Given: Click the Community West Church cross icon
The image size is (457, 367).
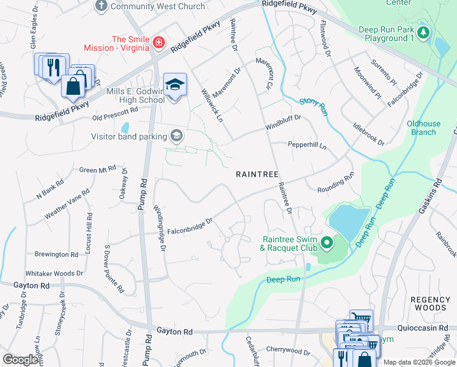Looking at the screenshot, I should (x=101, y=6).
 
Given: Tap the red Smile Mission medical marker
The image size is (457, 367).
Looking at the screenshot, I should (x=159, y=42).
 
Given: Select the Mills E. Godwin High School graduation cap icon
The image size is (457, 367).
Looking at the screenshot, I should (x=175, y=84).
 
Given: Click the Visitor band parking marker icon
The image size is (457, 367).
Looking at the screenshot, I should (x=177, y=136).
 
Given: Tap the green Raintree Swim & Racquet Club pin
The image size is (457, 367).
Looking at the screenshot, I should (x=327, y=244).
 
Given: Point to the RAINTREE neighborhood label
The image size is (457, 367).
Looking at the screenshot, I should (x=257, y=174).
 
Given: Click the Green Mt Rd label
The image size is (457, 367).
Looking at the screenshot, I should (x=98, y=169).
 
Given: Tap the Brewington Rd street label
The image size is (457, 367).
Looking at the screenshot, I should (x=56, y=254).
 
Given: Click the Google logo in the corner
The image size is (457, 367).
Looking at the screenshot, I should (x=20, y=359).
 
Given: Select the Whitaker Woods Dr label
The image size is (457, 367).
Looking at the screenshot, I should (x=54, y=273).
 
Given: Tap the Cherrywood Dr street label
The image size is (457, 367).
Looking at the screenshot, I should (x=288, y=351).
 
